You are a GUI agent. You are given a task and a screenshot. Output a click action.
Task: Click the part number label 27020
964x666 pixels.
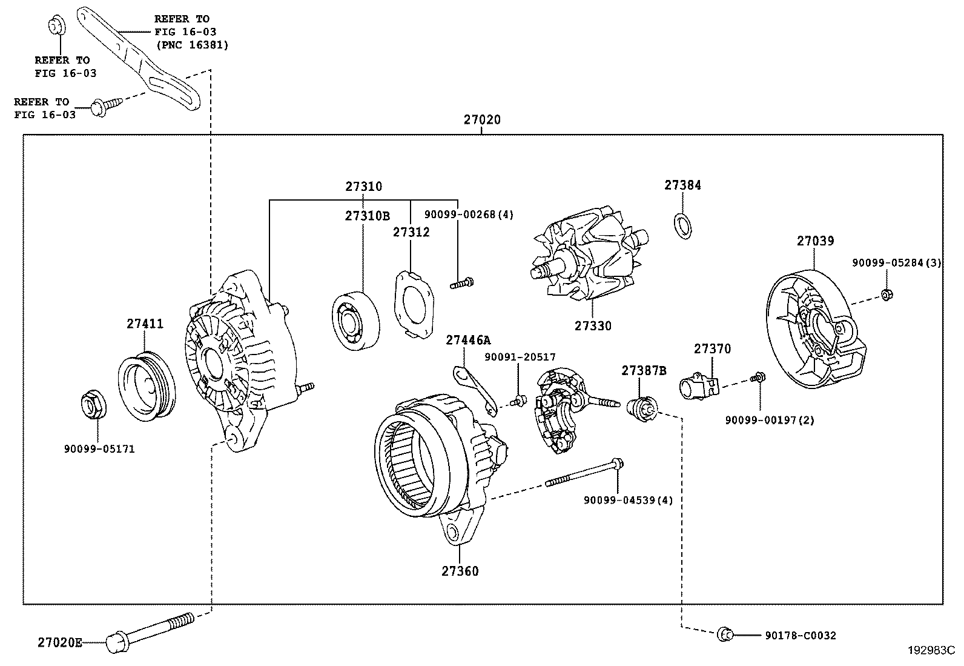pos(482,120)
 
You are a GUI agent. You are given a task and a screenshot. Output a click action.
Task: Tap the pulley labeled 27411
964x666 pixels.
pos(145,386)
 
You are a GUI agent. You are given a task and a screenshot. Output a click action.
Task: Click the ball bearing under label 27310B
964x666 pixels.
pos(356,320)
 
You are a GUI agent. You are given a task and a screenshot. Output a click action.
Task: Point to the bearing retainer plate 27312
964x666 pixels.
pos(415,304)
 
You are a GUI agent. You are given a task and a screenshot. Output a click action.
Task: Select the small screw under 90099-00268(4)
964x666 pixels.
pos(461,282)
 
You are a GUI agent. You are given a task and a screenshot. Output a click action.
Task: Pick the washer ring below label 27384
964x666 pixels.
pos(682,225)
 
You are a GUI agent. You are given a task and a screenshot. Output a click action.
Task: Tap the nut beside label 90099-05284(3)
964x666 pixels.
pos(885,295)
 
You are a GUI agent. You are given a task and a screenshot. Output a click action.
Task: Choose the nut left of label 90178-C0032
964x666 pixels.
pos(724,634)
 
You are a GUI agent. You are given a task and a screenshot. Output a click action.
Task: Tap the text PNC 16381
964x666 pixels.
pos(193,45)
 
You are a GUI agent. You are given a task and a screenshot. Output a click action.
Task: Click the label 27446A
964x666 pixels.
pos(468,341)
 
